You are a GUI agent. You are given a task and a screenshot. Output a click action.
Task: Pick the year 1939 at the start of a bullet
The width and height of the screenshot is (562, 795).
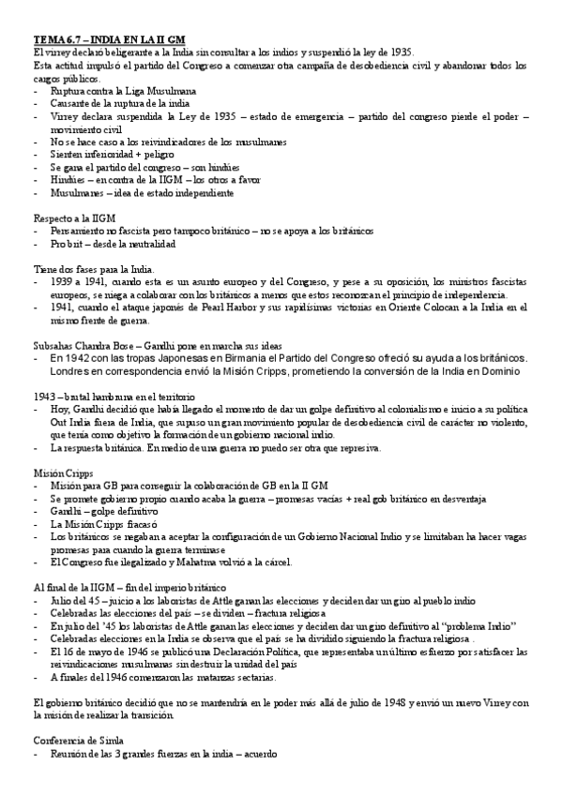coord(62,280)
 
